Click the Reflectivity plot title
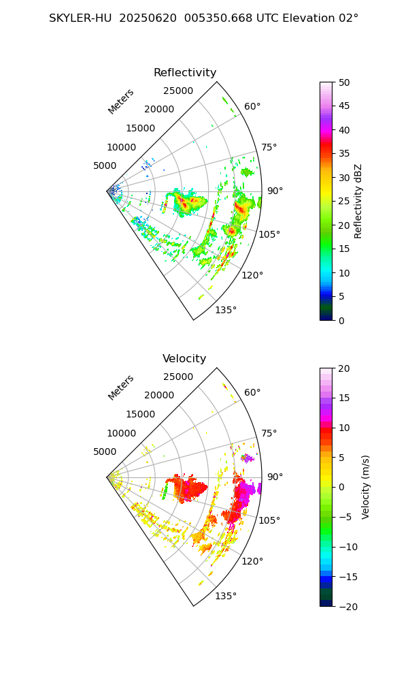pyautogui.click(x=185, y=73)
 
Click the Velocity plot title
pyautogui.click(x=184, y=359)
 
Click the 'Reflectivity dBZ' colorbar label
pyautogui.click(x=358, y=201)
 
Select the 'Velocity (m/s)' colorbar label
pyautogui.click(x=366, y=487)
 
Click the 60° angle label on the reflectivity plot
pyautogui.click(x=253, y=106)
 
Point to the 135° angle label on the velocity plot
pyautogui.click(x=226, y=597)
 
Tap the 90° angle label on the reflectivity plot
pyautogui.click(x=275, y=191)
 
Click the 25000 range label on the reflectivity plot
pyautogui.click(x=178, y=91)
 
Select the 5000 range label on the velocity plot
pyautogui.click(x=105, y=452)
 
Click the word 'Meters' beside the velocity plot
pyautogui.click(x=121, y=387)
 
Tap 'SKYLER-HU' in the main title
pyautogui.click(x=80, y=18)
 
